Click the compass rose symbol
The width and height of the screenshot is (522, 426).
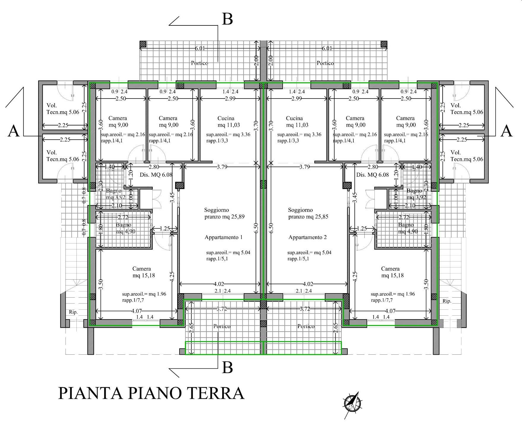(353, 403)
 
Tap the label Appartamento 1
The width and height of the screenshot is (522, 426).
(223, 237)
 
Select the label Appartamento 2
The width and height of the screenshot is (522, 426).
(308, 237)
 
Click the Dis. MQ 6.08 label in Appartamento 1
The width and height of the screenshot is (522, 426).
(156, 175)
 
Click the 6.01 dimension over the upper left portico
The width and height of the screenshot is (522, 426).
(200, 48)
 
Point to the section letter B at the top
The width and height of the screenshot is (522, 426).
(227, 19)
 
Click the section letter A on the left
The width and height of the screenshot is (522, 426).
(13, 131)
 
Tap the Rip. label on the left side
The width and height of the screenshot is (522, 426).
(73, 312)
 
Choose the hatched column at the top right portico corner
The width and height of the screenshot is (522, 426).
(384, 44)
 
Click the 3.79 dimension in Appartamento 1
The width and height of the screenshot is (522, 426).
(222, 167)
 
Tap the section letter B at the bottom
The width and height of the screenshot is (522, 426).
(227, 368)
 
